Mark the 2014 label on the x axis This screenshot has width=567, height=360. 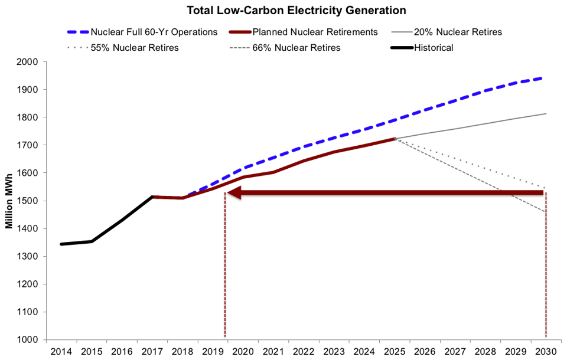[61, 351]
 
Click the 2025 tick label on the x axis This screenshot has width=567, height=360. [394, 351]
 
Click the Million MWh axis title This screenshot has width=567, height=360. [9, 201]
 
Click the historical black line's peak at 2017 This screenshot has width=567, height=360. [152, 197]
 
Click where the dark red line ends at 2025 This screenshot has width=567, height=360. [394, 139]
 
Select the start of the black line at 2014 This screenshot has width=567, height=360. [61, 244]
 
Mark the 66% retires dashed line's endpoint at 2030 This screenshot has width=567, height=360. [545, 212]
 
